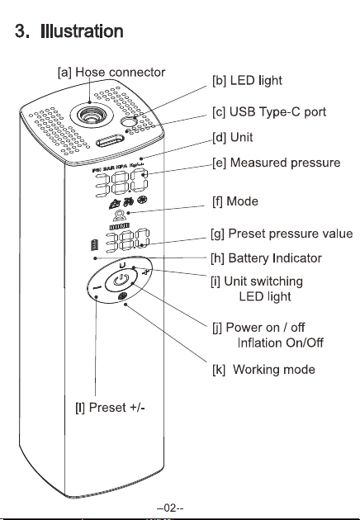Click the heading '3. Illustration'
(69, 31)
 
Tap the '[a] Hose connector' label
(111, 73)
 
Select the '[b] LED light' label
(247, 81)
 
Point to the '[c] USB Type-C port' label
(269, 112)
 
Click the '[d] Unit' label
(233, 137)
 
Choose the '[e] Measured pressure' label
(277, 163)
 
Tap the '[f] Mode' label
(235, 201)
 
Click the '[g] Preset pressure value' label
(282, 234)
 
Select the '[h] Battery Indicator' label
(266, 258)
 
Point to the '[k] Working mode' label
(263, 370)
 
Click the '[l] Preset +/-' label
(110, 407)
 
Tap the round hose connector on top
(92, 115)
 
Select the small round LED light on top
(127, 122)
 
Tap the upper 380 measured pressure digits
(121, 183)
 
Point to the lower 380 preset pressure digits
(128, 241)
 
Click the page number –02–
(170, 508)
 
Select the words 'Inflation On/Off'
(281, 343)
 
